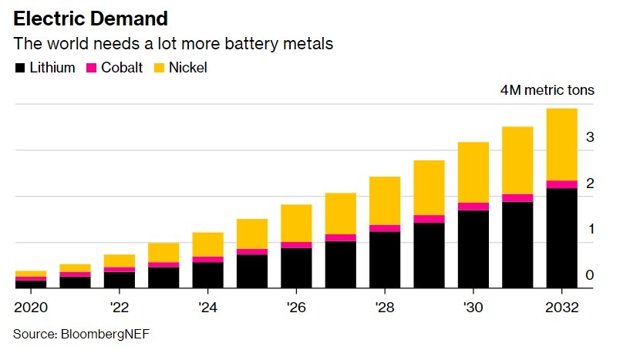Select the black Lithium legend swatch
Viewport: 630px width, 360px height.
20,68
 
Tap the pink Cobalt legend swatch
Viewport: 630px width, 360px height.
90,68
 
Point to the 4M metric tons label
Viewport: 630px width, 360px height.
547,90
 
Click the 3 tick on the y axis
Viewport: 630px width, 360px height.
589,137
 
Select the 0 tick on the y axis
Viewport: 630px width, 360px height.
589,275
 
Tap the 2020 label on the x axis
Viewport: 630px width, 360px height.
30,307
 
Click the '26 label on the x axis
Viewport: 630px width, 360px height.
295,307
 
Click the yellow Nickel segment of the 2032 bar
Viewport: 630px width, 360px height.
561,144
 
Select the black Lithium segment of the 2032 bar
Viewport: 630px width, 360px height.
561,237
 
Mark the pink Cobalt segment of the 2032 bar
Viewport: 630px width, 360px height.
561,184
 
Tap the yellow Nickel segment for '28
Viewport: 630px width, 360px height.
385,200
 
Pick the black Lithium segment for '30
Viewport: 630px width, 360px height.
473,249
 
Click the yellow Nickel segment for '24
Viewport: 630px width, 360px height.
207,244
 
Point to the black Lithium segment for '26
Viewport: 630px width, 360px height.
296,267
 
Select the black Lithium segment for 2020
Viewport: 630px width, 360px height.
31,284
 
